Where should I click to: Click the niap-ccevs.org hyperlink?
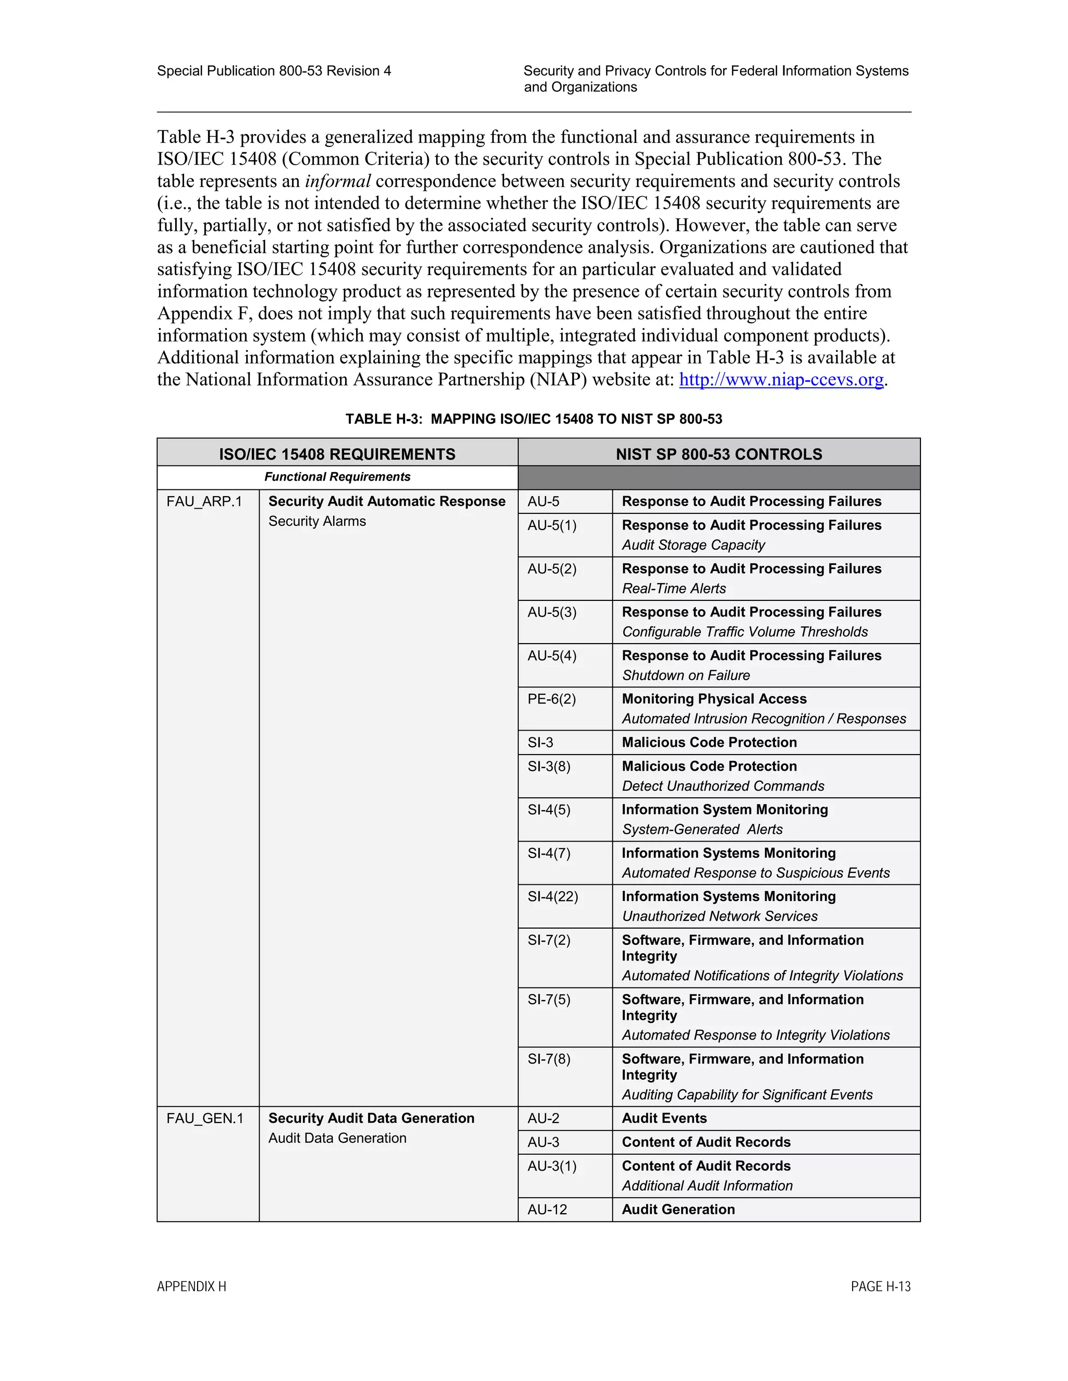pos(781,380)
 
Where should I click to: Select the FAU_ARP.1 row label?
pos(204,502)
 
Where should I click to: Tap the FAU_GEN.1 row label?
pos(204,1118)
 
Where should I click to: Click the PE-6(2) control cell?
pos(551,699)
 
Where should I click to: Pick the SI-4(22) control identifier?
pos(552,897)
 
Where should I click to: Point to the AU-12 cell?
pos(547,1210)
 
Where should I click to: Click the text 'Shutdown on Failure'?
pos(685,675)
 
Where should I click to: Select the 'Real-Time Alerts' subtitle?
pos(673,589)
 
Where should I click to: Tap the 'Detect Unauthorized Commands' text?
pos(723,786)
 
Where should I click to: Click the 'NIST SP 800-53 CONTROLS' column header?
pos(719,454)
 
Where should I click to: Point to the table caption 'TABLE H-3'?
pos(533,419)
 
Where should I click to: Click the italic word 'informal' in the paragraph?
pos(337,182)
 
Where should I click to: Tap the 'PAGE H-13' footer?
pos(880,1287)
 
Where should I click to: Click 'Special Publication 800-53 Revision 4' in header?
pos(273,71)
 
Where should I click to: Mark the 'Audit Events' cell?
pos(664,1118)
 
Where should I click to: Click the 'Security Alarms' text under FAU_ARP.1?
pos(317,522)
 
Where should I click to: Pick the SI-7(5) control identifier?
pos(549,1000)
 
